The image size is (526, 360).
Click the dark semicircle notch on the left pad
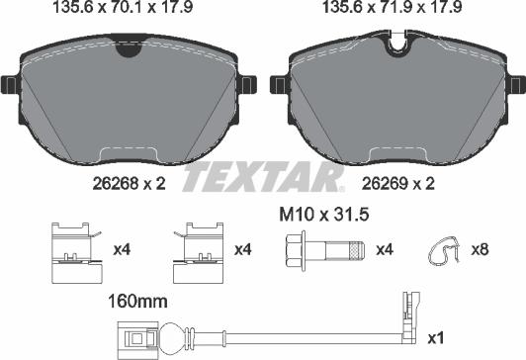(x=129, y=47)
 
